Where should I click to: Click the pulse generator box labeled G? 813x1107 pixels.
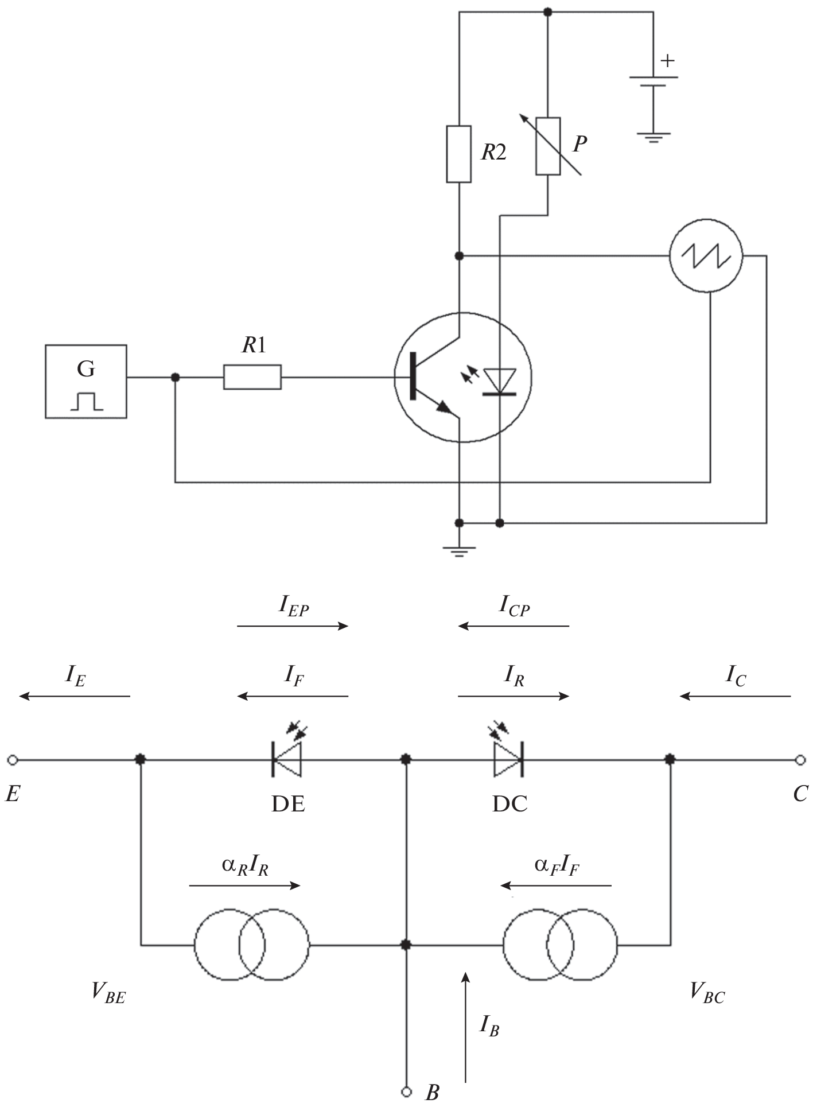pyautogui.click(x=86, y=381)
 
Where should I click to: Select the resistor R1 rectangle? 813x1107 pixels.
pyautogui.click(x=252, y=377)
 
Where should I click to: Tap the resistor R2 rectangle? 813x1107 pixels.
pyautogui.click(x=459, y=154)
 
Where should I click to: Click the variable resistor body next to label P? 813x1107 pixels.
pyautogui.click(x=548, y=146)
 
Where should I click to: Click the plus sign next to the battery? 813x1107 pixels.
pyautogui.click(x=668, y=60)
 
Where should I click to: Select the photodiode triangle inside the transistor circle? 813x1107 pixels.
pyautogui.click(x=499, y=380)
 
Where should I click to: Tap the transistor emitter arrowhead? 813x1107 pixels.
pyautogui.click(x=444, y=407)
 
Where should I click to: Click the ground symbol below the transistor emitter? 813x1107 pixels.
pyautogui.click(x=458, y=551)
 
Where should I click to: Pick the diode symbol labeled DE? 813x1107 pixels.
pyautogui.click(x=286, y=760)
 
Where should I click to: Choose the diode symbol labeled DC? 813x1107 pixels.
pyautogui.click(x=508, y=760)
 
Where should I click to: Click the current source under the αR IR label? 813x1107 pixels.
pyautogui.click(x=252, y=945)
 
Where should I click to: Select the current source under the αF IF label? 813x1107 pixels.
pyautogui.click(x=560, y=945)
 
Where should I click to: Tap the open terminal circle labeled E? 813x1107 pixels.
pyautogui.click(x=13, y=760)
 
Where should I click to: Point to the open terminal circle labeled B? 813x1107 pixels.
pyautogui.click(x=406, y=1092)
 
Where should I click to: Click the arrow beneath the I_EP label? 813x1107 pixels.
pyautogui.click(x=293, y=626)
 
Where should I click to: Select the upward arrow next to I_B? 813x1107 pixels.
pyautogui.click(x=466, y=1027)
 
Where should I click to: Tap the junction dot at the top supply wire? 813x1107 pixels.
pyautogui.click(x=548, y=11)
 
